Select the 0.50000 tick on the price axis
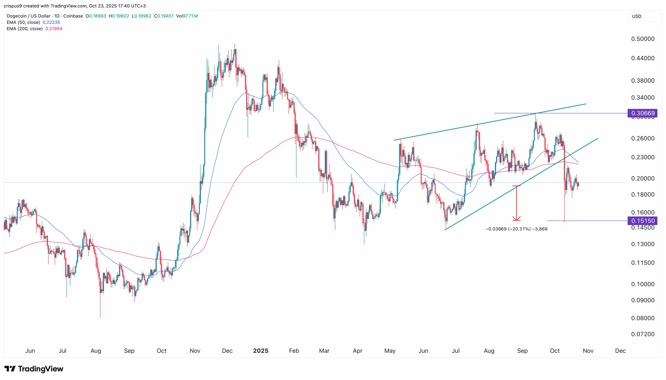(643, 39)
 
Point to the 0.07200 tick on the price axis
(643, 334)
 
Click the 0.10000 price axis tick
(643, 284)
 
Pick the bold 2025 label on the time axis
(261, 351)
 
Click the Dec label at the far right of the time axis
(620, 351)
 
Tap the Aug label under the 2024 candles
(96, 351)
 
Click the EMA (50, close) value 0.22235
(52, 22)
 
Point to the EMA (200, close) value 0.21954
(54, 29)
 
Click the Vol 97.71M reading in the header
(187, 16)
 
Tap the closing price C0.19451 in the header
(164, 16)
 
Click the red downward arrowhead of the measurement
(516, 219)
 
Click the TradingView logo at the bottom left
(34, 369)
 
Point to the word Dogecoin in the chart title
(17, 16)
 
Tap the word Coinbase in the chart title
(73, 16)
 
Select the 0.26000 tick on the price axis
(643, 138)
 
